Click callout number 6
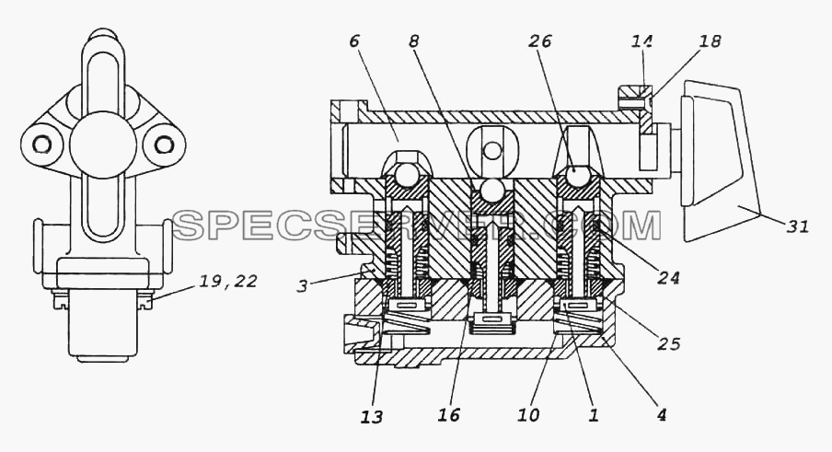click(x=355, y=41)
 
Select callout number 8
click(x=414, y=41)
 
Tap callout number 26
click(x=539, y=41)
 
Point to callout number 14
click(x=641, y=41)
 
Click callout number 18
click(x=711, y=41)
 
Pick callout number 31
click(x=798, y=226)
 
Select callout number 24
click(x=668, y=277)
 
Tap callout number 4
click(x=661, y=414)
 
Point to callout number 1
click(x=594, y=414)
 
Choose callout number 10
click(x=529, y=414)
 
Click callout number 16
click(x=449, y=414)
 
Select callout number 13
click(x=372, y=417)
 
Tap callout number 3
click(x=302, y=287)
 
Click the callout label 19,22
click(x=228, y=281)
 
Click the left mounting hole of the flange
click(x=41, y=145)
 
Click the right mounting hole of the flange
click(x=165, y=145)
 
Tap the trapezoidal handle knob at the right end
click(x=721, y=161)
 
